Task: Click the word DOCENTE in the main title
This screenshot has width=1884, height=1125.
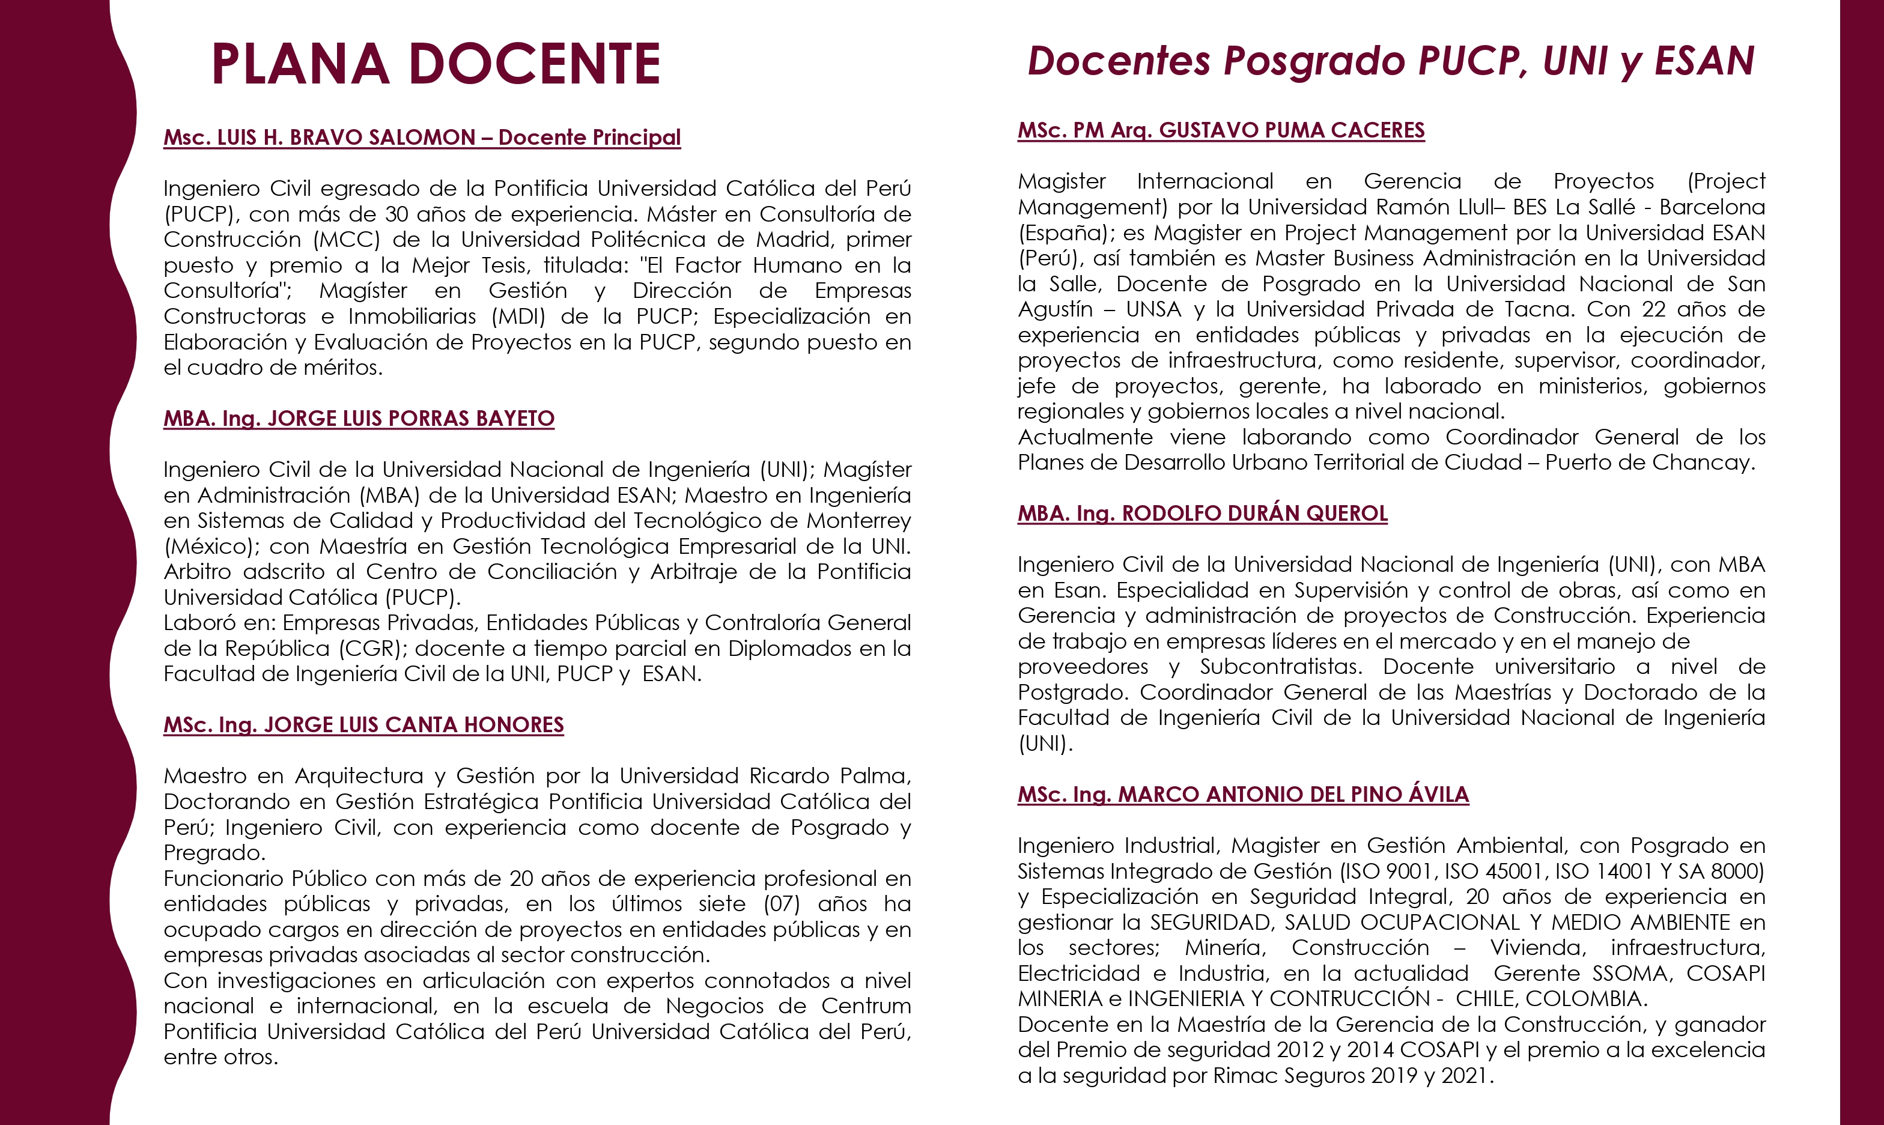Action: (535, 64)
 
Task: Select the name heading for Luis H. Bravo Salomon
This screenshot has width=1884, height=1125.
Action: (422, 137)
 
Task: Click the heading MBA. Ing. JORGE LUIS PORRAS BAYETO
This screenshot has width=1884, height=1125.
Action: (359, 419)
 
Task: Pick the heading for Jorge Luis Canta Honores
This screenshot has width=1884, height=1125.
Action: (363, 725)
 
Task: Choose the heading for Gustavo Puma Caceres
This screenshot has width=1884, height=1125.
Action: (1221, 130)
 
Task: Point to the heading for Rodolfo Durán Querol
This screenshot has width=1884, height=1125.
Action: (1202, 513)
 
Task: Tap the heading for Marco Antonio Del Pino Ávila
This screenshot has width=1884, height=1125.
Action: (1242, 795)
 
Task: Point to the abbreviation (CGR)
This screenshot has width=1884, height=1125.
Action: (369, 649)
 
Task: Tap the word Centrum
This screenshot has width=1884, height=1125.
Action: (866, 1006)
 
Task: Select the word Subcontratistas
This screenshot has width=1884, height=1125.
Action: (1280, 667)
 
